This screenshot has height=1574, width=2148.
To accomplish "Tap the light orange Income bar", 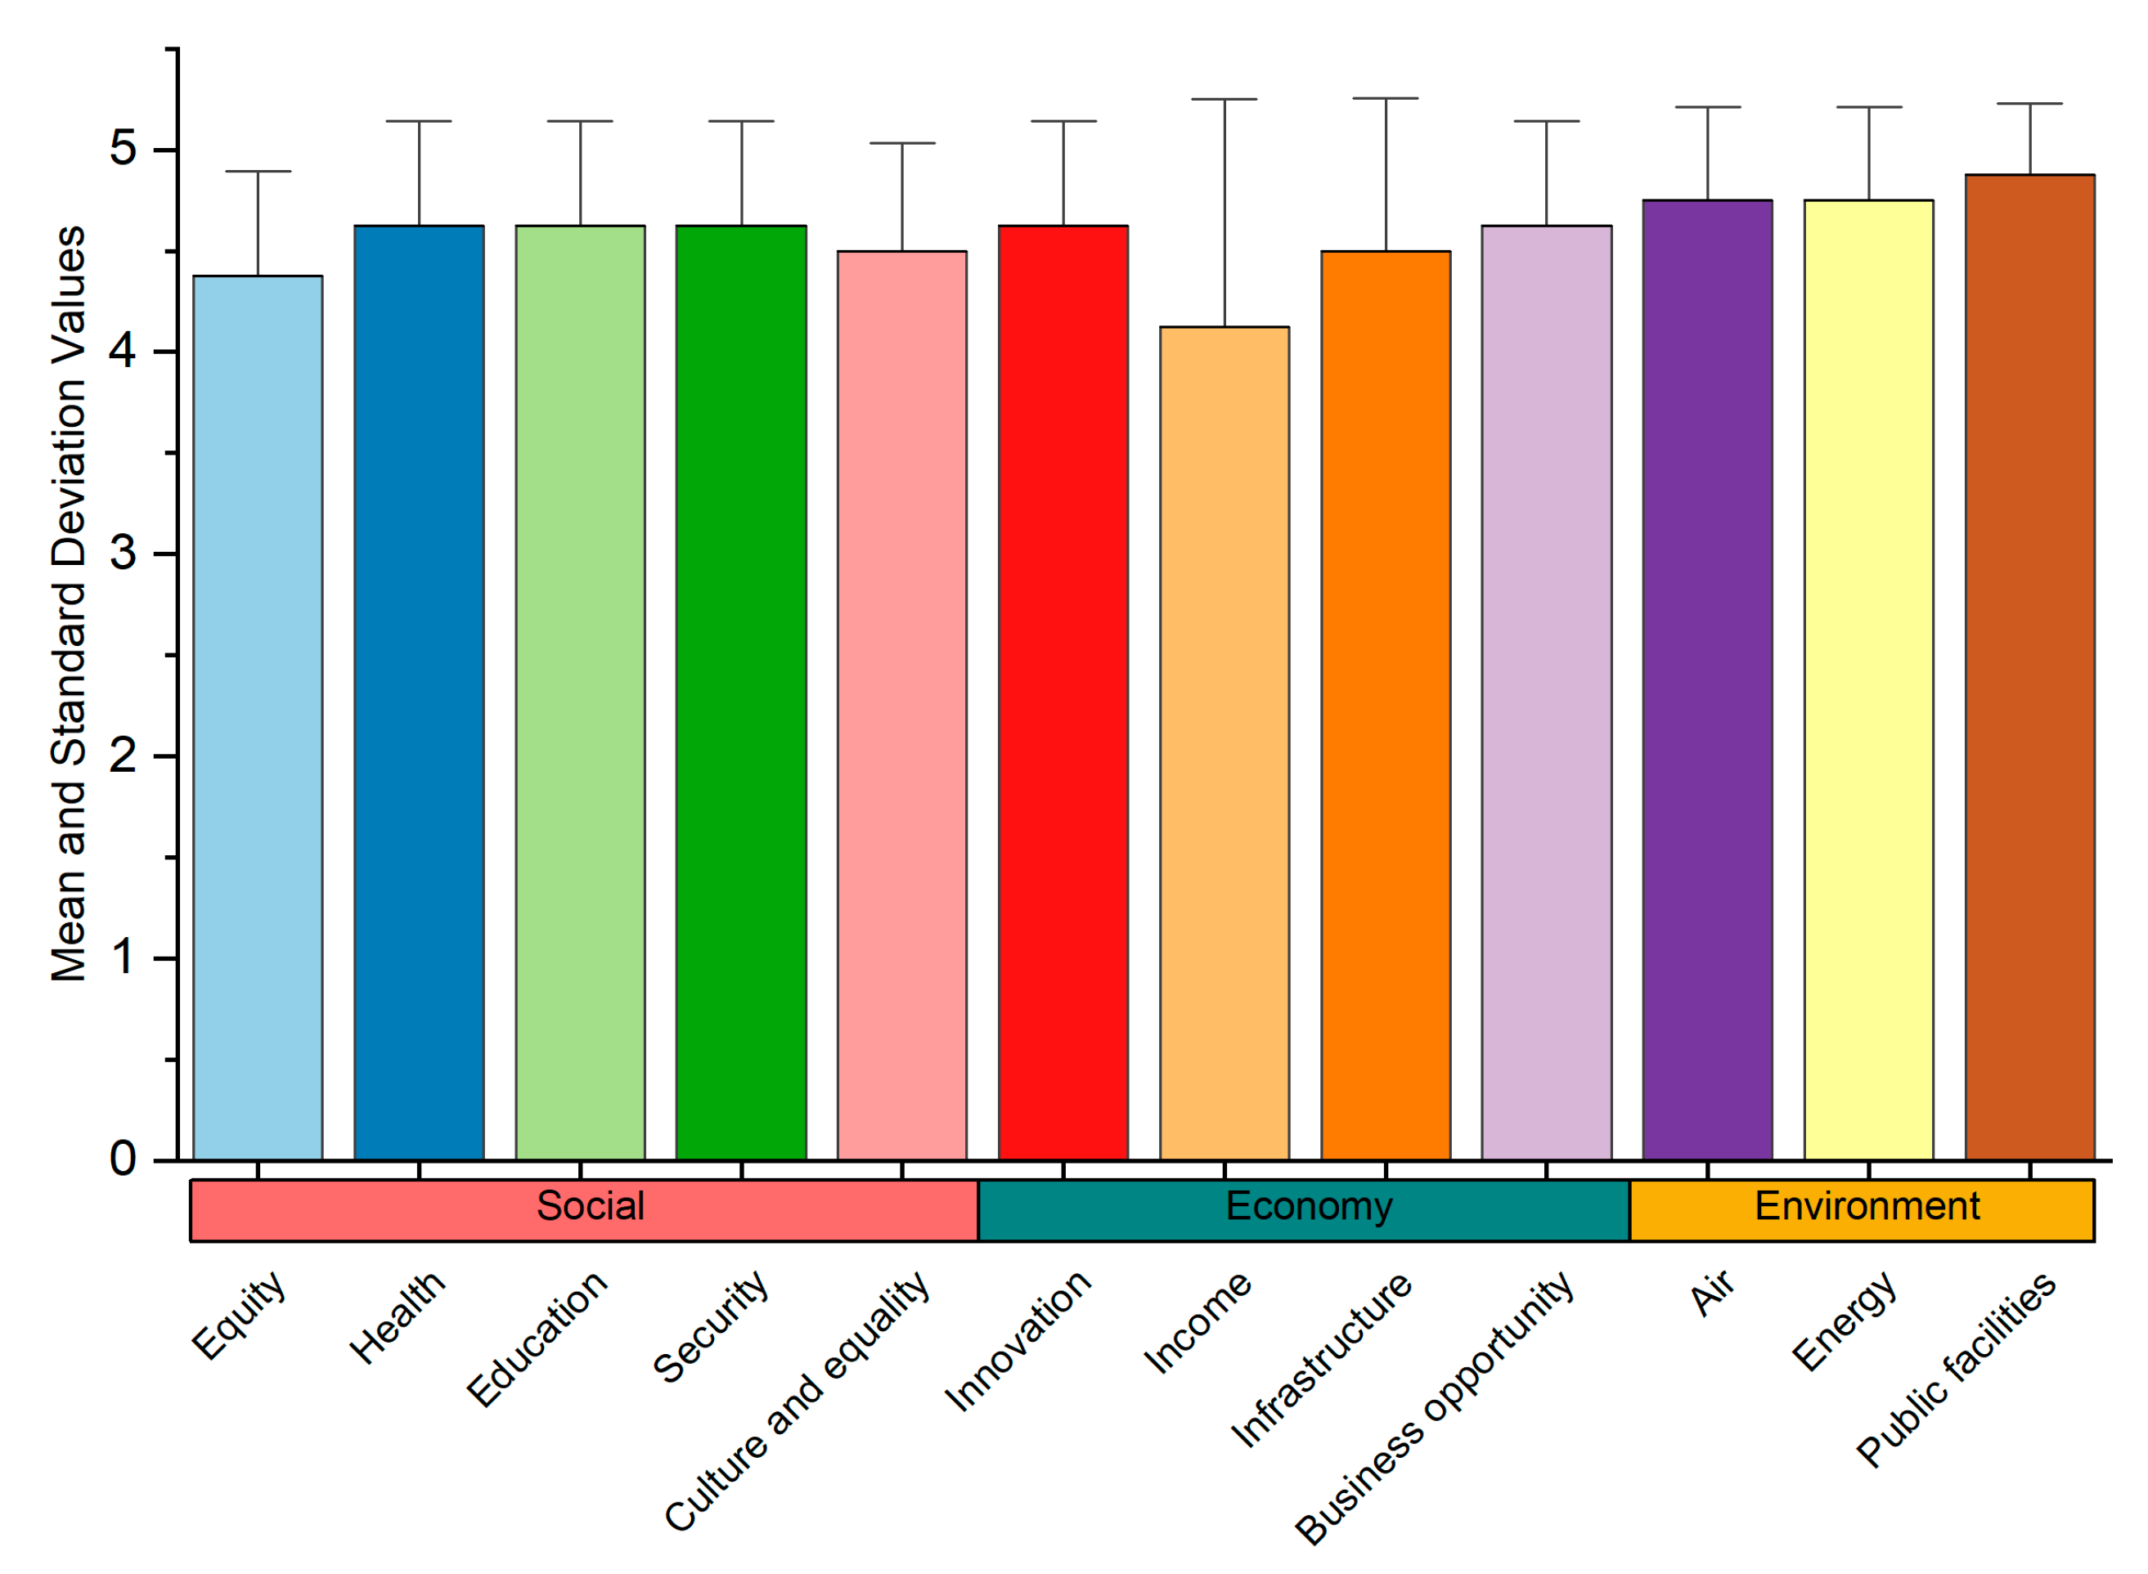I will (x=1224, y=743).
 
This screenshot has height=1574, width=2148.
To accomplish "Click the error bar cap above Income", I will (x=1224, y=99).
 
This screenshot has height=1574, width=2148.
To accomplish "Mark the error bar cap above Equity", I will (x=258, y=172).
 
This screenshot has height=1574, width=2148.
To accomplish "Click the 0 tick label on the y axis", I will (x=122, y=1159).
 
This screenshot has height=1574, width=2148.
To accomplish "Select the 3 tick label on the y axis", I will (x=122, y=554).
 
